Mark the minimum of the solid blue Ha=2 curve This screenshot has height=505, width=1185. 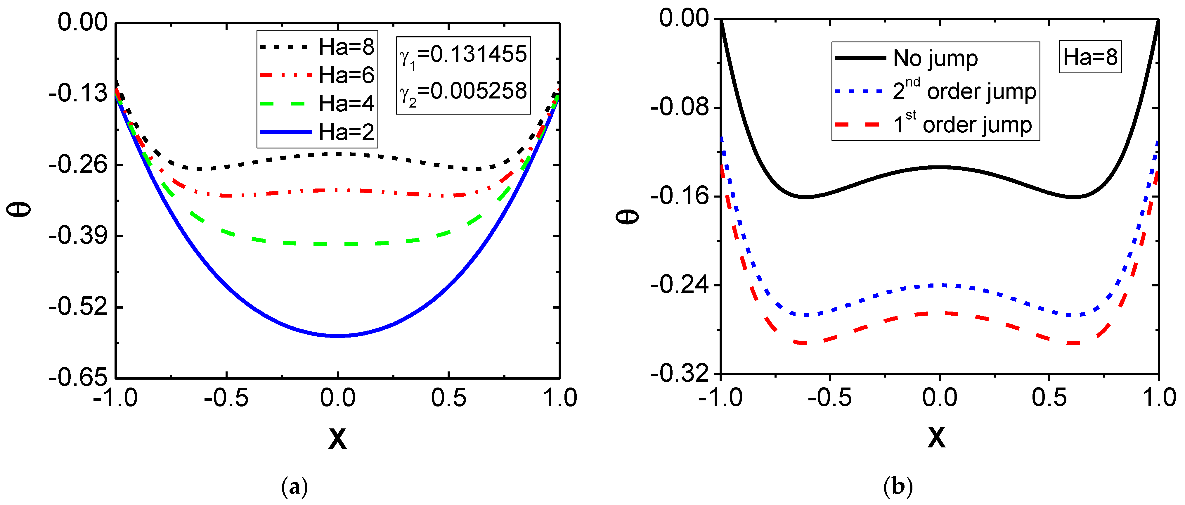pyautogui.click(x=338, y=335)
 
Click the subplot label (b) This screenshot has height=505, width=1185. pyautogui.click(x=898, y=487)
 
